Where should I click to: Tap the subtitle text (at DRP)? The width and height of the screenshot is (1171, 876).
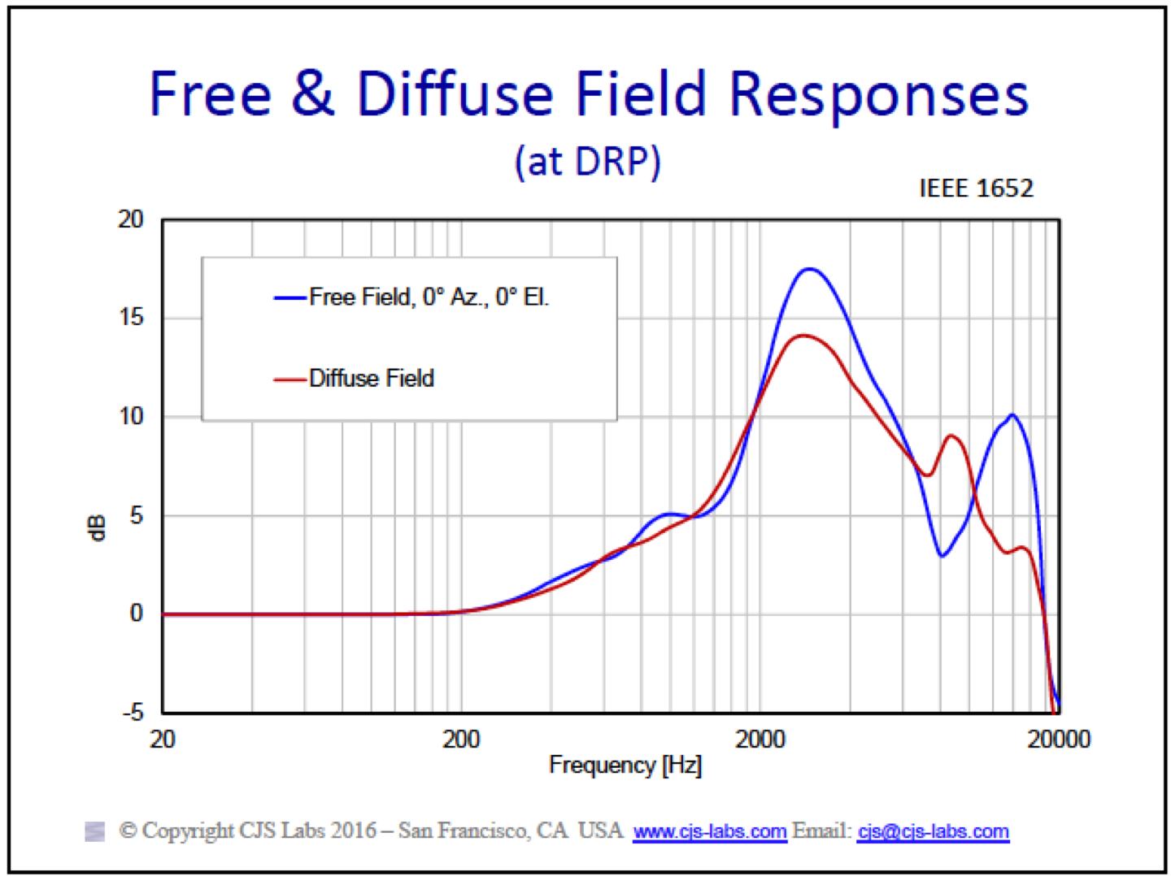[587, 162]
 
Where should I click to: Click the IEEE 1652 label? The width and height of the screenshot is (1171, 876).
[976, 189]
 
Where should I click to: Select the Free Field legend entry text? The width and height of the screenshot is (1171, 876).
[429, 297]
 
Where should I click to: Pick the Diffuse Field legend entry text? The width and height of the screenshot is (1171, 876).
[372, 378]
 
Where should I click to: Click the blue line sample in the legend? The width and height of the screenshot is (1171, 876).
[290, 297]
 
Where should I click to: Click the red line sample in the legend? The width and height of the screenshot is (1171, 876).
[290, 379]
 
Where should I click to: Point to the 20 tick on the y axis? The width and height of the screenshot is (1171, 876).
[129, 219]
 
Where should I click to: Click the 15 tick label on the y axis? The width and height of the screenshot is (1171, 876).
[129, 318]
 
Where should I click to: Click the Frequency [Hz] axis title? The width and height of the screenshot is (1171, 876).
[625, 765]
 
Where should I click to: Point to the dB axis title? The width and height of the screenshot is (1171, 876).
[98, 527]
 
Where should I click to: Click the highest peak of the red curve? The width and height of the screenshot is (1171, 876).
[804, 335]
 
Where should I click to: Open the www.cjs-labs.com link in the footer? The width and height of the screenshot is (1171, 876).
[709, 832]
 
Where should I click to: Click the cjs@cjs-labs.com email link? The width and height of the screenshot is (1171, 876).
[933, 832]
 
